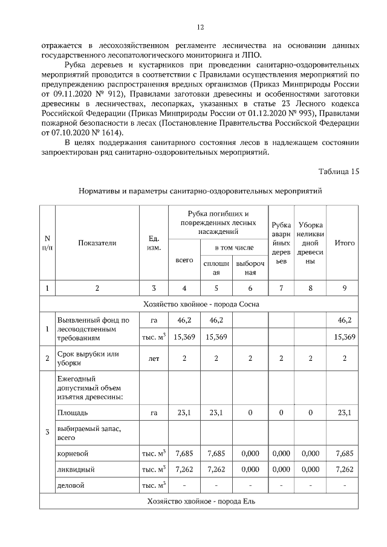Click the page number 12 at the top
point(201,27)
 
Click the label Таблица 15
point(338,171)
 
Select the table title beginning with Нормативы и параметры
point(201,191)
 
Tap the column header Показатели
point(97,243)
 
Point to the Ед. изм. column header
point(154,243)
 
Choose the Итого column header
point(345,243)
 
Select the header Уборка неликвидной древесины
point(310,243)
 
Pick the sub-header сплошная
point(216,268)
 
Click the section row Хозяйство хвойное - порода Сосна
point(201,304)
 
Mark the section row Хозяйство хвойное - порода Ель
point(201,502)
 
